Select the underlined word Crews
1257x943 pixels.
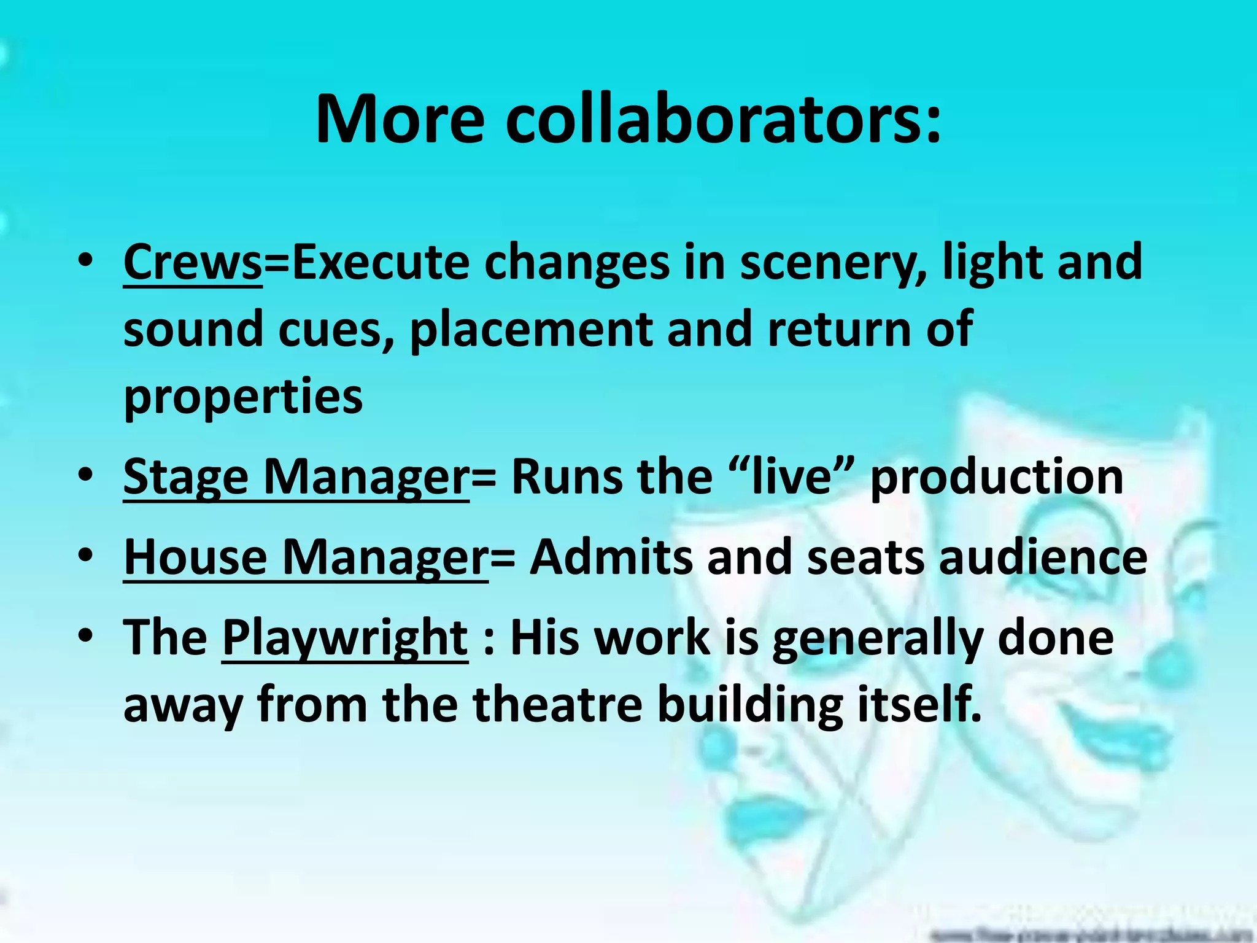click(x=193, y=263)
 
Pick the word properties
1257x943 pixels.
click(x=243, y=398)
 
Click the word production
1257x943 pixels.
click(x=997, y=477)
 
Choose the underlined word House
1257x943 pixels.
click(x=195, y=557)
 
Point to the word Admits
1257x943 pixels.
click(x=611, y=557)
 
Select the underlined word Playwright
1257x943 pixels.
click(x=345, y=638)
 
